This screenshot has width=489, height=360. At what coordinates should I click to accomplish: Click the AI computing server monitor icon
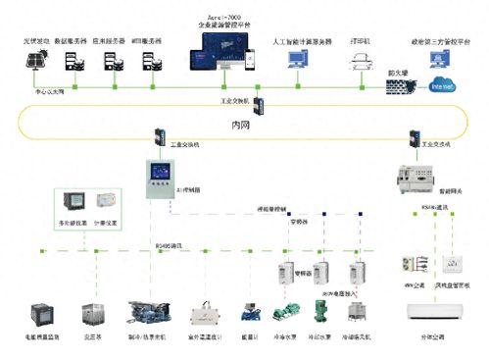(296, 61)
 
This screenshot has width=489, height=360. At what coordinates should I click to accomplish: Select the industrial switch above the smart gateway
(416, 141)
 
